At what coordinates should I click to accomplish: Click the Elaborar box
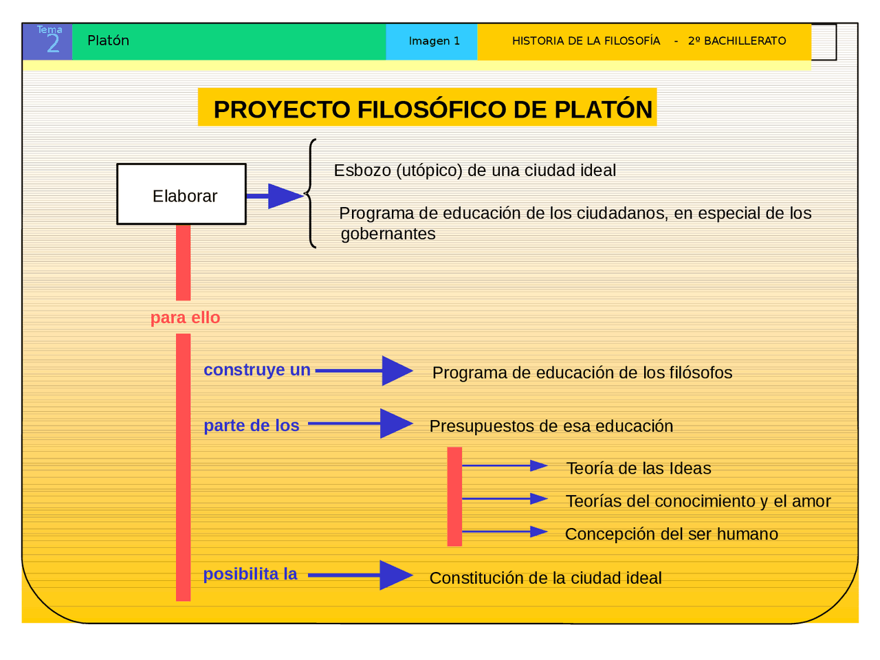[x=181, y=194]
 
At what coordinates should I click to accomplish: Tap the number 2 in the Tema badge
[x=53, y=44]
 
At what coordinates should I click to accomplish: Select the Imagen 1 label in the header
[x=434, y=41]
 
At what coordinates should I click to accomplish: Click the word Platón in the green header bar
[x=108, y=41]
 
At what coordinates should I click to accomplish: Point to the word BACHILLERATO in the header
[x=745, y=41]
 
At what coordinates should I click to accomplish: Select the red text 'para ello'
[x=185, y=318]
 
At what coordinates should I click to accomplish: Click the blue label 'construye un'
[x=257, y=370]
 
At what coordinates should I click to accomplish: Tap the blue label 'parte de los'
[x=251, y=426]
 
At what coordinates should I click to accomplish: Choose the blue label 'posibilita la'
[x=250, y=574]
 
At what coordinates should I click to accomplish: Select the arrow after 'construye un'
[x=364, y=371]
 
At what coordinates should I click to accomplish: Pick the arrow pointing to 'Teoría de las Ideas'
[x=505, y=466]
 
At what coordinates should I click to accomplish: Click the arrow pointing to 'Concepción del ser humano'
[x=505, y=531]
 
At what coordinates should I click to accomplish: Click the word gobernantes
[x=388, y=234]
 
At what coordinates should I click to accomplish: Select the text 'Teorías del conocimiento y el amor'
[x=698, y=501]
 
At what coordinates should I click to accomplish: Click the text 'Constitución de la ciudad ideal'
[x=545, y=578]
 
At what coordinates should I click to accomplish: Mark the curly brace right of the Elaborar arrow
[x=311, y=194]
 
